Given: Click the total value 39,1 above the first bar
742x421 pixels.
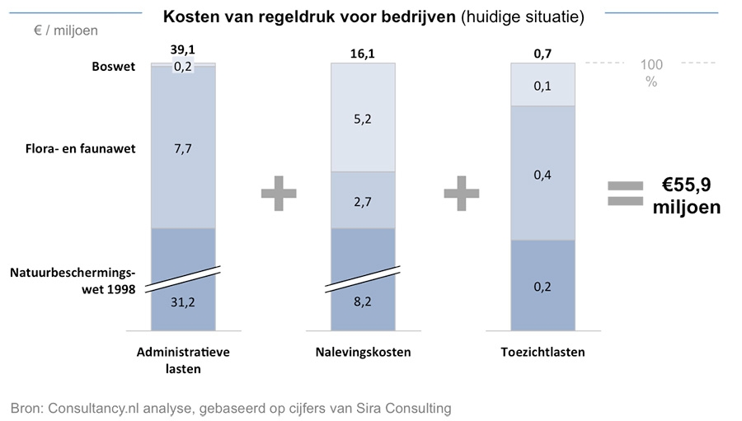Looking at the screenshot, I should pos(182,50).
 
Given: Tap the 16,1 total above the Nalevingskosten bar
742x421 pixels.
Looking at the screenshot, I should pos(362,54).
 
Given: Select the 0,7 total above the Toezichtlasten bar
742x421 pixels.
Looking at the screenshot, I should pos(542,54).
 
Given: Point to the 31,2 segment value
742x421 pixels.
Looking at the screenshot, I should pos(182,302).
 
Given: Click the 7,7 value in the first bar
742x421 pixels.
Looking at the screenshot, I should pos(182,148).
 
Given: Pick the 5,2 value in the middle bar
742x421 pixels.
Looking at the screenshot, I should pos(362,119).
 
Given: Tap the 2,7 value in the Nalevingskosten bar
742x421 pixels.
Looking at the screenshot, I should pos(362,200).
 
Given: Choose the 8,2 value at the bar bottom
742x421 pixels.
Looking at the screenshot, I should pos(362,302).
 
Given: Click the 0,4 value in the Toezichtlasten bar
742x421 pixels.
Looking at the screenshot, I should pos(542,174).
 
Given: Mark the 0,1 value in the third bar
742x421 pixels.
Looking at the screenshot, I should pos(542,86).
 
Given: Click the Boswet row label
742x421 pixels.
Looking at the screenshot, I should pos(114,67).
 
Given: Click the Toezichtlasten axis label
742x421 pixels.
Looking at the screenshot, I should pos(542,353).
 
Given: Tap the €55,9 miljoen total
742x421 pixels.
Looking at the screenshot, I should pos(686,196).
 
